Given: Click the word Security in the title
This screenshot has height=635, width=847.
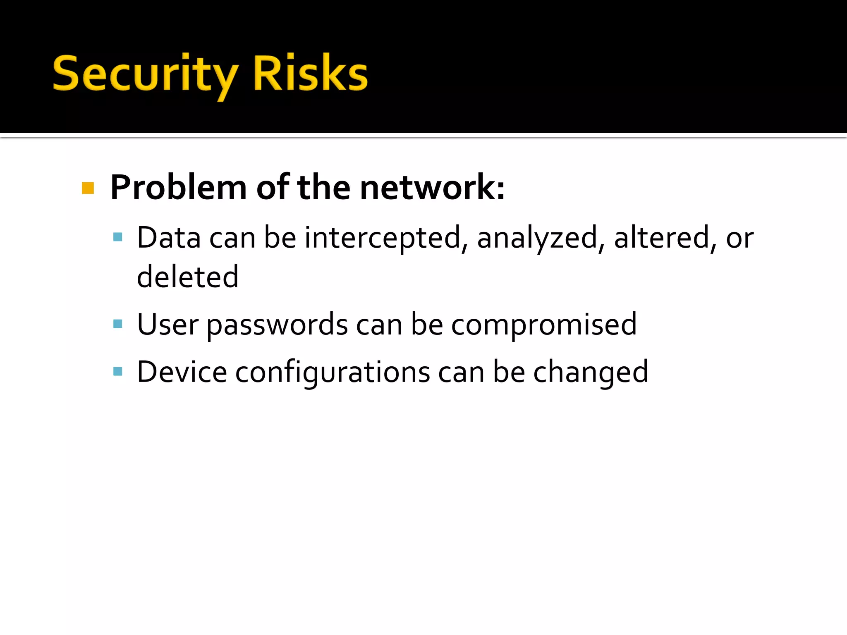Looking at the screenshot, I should point(145,74).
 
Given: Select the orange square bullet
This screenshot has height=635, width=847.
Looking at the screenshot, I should point(88,188).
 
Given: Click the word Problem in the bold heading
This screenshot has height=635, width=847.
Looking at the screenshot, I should point(179,188).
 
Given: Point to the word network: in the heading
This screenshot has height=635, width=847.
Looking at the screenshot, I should point(432,188).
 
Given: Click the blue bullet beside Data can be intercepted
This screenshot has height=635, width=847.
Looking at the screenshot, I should point(118,237).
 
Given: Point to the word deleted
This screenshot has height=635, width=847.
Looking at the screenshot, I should point(188,277).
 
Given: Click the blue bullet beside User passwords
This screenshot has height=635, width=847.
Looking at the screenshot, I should point(118,324).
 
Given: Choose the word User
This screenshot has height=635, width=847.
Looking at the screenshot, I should point(167,325).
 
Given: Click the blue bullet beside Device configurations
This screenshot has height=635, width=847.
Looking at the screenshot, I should point(118,371).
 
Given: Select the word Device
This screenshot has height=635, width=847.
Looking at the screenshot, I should point(182,372).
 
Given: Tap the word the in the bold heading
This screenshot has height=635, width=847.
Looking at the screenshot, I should point(324,188).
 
